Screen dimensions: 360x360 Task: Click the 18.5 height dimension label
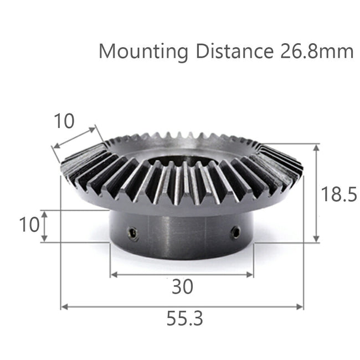click(x=339, y=195)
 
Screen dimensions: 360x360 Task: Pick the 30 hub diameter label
click(x=182, y=287)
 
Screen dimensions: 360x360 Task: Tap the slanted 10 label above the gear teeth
click(x=64, y=121)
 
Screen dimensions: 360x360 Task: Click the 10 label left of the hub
click(x=29, y=225)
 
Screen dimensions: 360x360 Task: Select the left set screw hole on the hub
click(x=132, y=234)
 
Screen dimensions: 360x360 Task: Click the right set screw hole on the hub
click(x=236, y=232)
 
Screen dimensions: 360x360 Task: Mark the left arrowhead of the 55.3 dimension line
click(x=63, y=306)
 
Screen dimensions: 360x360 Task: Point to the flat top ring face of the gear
click(x=183, y=148)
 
